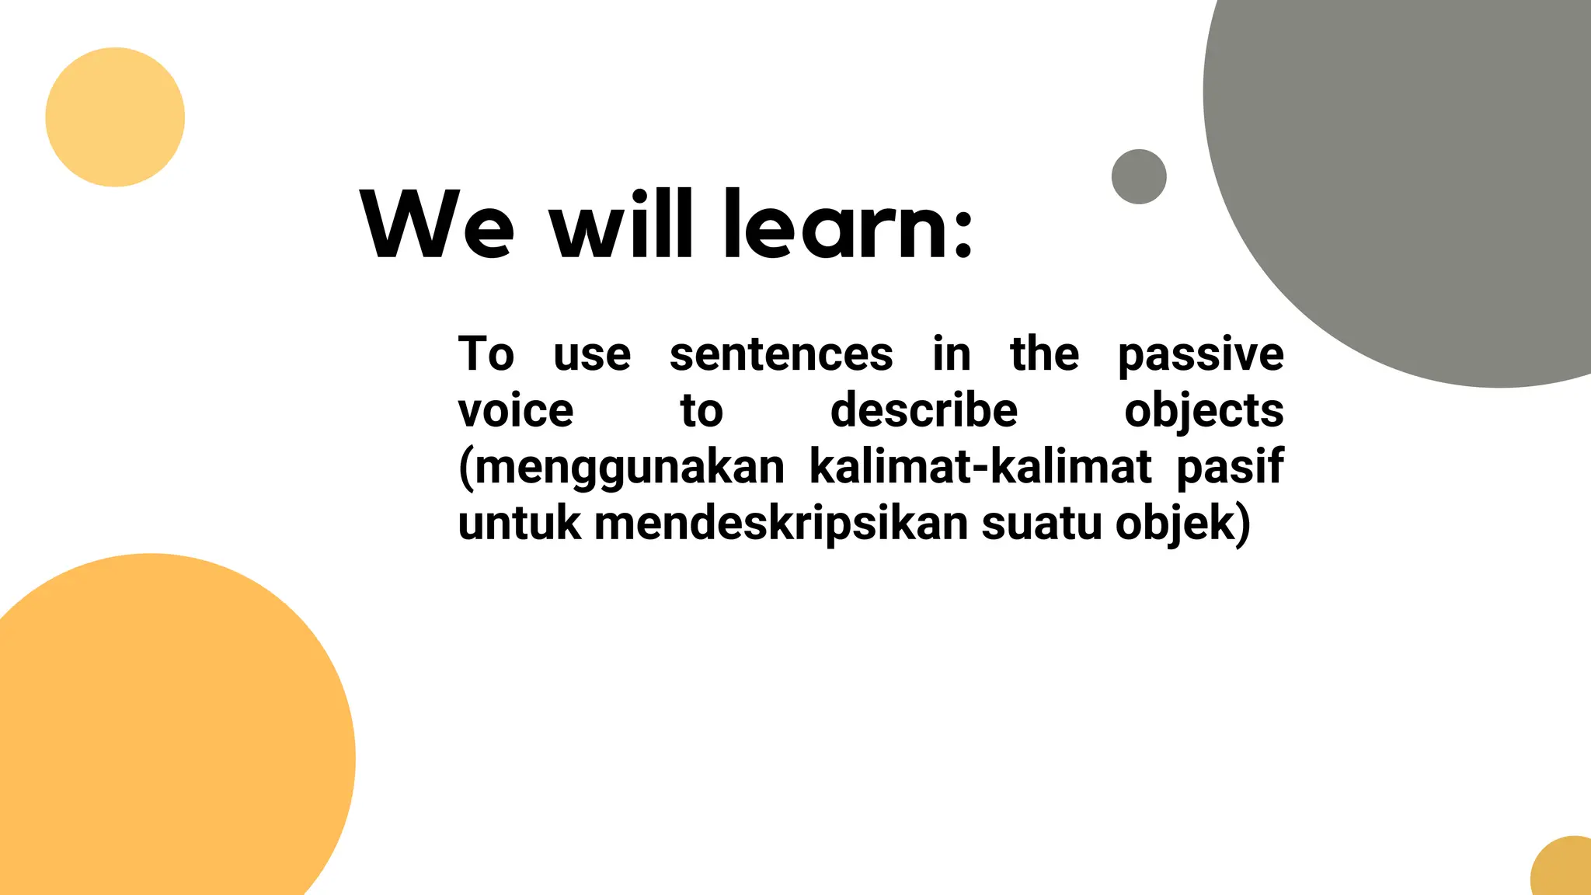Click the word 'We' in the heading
click(437, 225)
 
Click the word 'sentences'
click(781, 354)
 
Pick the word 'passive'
click(1200, 356)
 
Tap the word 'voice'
click(516, 411)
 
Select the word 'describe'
click(924, 410)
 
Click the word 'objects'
click(1203, 412)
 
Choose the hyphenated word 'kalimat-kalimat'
click(980, 467)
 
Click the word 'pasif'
click(1229, 468)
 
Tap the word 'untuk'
click(519, 523)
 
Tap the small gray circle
click(1139, 176)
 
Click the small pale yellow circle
click(115, 117)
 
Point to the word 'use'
click(592, 355)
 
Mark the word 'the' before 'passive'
click(1044, 354)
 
